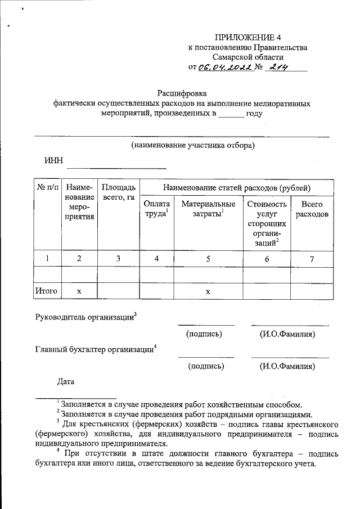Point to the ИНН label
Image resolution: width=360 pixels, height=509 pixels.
point(53,162)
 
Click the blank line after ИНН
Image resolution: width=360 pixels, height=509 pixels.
point(116,167)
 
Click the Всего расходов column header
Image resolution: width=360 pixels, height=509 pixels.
point(312,209)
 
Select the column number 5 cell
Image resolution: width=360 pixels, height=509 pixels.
point(208,258)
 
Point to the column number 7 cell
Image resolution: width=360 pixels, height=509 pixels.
point(312,258)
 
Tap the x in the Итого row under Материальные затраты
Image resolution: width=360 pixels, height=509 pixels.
point(208,291)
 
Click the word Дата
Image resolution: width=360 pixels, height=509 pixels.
point(66,382)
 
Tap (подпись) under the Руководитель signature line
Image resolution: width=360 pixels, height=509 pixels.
point(204,334)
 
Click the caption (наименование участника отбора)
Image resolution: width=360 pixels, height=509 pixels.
point(192,145)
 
